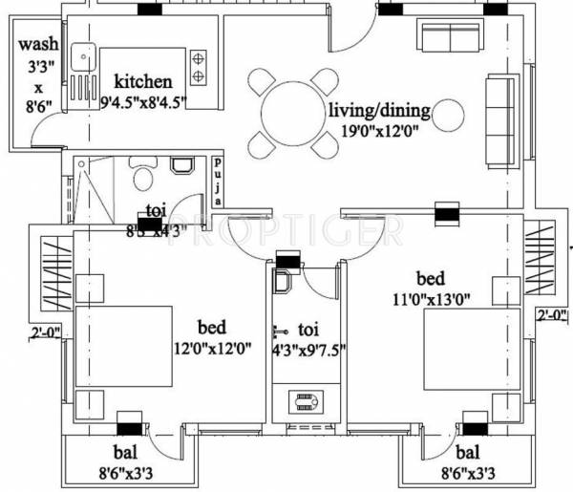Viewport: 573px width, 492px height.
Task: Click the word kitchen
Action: [143, 81]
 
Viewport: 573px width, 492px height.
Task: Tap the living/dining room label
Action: [379, 111]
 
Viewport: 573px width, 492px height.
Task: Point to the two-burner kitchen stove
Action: [199, 66]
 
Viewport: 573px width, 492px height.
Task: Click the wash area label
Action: [37, 44]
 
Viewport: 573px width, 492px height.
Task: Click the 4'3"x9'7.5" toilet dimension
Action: [308, 349]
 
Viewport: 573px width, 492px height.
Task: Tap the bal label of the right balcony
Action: [469, 452]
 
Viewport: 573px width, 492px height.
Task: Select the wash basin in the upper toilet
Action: [181, 165]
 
